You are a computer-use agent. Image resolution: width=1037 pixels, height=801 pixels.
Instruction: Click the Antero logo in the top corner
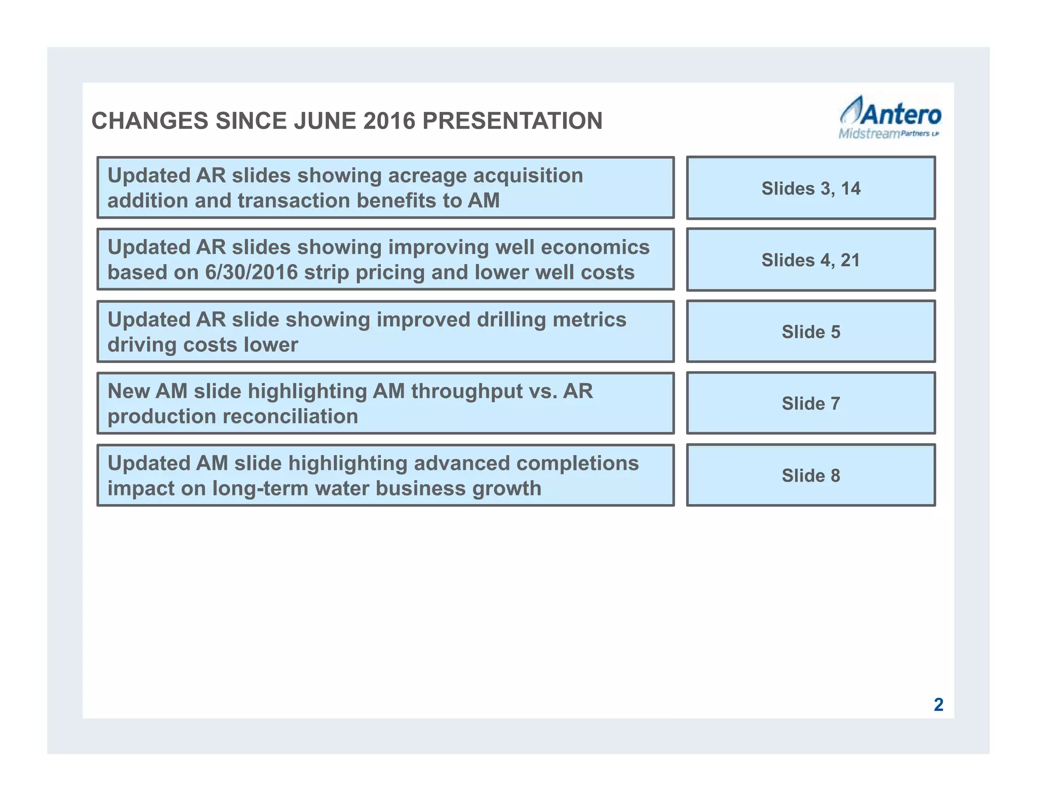(x=890, y=116)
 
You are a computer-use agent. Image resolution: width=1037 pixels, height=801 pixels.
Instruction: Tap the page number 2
(x=938, y=705)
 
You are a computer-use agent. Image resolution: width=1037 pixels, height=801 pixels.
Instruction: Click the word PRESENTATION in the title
(x=512, y=121)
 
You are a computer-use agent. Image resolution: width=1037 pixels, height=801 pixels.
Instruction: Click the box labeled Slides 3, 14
(x=811, y=188)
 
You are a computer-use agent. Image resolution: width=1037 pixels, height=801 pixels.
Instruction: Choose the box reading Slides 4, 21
(x=811, y=260)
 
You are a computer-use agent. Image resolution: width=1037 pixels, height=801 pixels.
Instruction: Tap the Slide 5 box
(x=811, y=332)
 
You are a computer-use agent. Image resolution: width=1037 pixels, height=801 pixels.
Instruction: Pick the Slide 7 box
(x=811, y=404)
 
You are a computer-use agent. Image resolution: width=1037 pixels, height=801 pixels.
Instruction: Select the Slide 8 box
(x=811, y=475)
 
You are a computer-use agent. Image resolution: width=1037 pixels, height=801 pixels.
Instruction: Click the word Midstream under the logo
(x=869, y=134)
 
